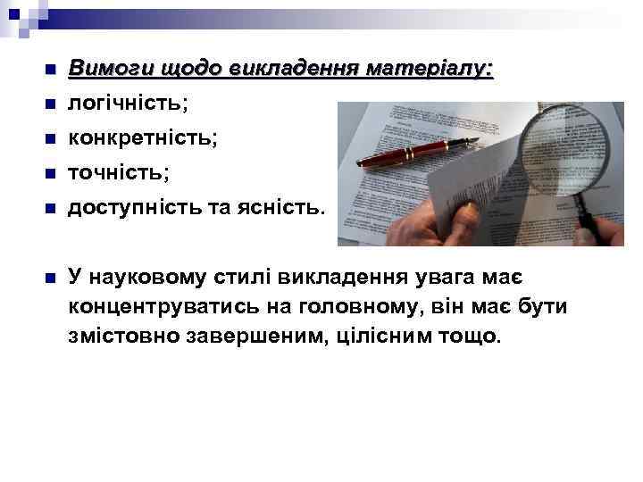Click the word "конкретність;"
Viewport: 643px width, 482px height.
click(143, 138)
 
